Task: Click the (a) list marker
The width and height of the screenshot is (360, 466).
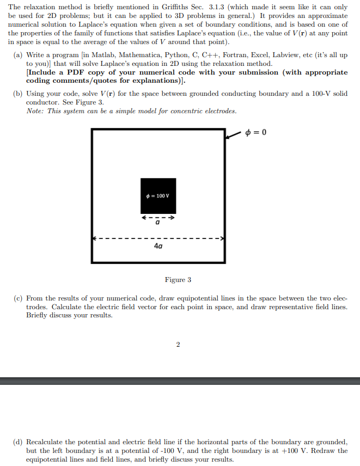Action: (17, 56)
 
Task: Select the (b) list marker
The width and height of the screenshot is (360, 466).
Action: (17, 94)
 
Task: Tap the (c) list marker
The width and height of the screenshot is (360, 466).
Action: (17, 298)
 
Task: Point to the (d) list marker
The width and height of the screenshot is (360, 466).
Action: (17, 442)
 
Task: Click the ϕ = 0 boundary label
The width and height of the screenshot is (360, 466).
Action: (255, 132)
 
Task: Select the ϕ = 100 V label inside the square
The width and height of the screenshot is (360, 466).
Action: (158, 196)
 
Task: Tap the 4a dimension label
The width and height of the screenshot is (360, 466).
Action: (158, 247)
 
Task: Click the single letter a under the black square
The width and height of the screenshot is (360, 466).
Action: (158, 223)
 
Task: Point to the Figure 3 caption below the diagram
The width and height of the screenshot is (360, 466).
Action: (178, 280)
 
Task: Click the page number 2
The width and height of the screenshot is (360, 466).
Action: (178, 344)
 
